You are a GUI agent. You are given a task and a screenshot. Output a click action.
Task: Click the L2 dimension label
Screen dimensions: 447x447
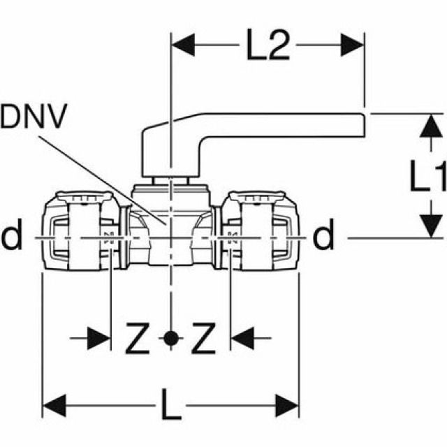[x=268, y=47]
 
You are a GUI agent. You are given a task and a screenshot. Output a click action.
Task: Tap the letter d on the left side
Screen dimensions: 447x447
[x=12, y=237]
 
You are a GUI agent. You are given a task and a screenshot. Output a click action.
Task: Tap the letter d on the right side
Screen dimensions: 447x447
[x=323, y=237]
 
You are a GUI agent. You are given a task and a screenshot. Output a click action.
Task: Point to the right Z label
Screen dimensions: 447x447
[x=203, y=340]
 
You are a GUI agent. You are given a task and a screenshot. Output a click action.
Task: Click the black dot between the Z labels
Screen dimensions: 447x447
[x=170, y=340]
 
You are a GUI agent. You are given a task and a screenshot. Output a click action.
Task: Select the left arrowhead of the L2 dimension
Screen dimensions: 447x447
[x=183, y=47]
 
